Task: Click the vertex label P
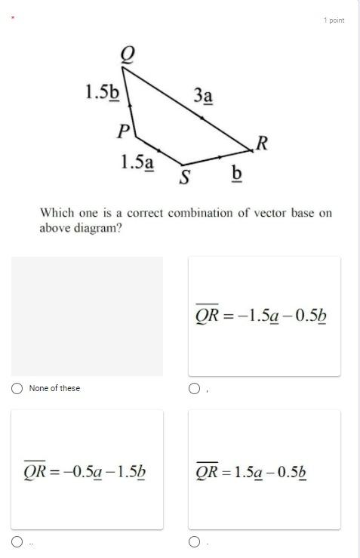pyautogui.click(x=123, y=131)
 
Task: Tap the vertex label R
pyautogui.click(x=263, y=143)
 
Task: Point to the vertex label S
pyautogui.click(x=183, y=177)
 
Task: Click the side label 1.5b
pyautogui.click(x=102, y=92)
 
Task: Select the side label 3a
pyautogui.click(x=203, y=96)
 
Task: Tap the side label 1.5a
pyautogui.click(x=137, y=162)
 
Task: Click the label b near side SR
pyautogui.click(x=236, y=174)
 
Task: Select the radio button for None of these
pyautogui.click(x=17, y=388)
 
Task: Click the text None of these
pyautogui.click(x=54, y=388)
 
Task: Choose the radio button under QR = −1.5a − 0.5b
pyautogui.click(x=194, y=388)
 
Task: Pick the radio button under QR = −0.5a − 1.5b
pyautogui.click(x=17, y=541)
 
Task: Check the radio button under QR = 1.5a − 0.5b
pyautogui.click(x=194, y=541)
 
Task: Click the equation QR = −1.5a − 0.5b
pyautogui.click(x=260, y=315)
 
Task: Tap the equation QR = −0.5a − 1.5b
pyautogui.click(x=84, y=472)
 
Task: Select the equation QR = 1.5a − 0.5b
pyautogui.click(x=260, y=472)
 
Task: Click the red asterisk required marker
pyautogui.click(x=12, y=18)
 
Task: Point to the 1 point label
pyautogui.click(x=334, y=20)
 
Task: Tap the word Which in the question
pyautogui.click(x=56, y=213)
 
